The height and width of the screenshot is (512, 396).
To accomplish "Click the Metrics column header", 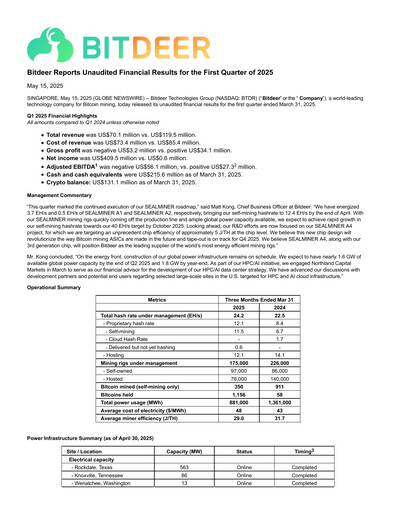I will point(149,300).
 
